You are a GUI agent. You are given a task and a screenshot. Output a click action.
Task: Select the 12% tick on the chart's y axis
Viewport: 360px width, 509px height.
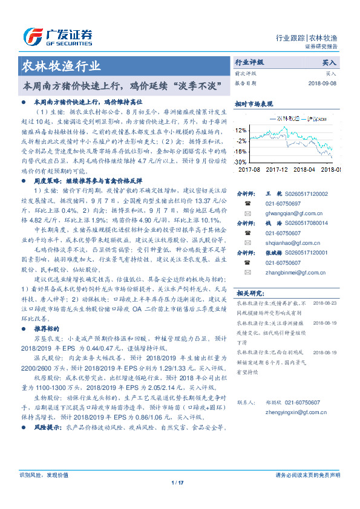pyautogui.click(x=241, y=130)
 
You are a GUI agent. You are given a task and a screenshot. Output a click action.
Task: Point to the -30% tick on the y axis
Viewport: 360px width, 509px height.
pyautogui.click(x=240, y=163)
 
